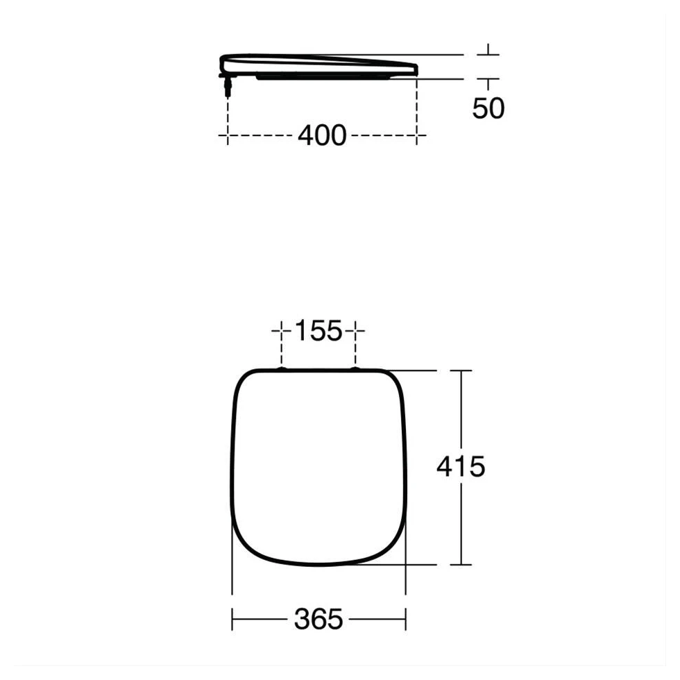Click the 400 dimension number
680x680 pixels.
click(x=321, y=135)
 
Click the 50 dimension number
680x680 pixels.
click(x=488, y=108)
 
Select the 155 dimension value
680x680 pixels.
click(x=319, y=332)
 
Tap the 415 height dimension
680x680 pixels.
click(x=461, y=467)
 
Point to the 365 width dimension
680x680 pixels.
click(x=319, y=618)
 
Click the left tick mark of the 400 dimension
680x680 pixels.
click(x=227, y=135)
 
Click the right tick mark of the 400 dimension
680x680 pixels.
click(x=416, y=135)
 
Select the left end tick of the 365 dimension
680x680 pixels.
click(x=232, y=618)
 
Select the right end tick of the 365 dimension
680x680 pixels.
click(x=406, y=618)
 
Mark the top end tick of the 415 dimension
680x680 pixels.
click(x=461, y=371)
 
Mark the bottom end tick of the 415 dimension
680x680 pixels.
click(x=461, y=563)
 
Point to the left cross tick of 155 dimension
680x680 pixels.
click(x=282, y=332)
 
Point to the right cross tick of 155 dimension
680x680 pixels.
click(x=356, y=332)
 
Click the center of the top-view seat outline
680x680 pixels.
click(x=318, y=466)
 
